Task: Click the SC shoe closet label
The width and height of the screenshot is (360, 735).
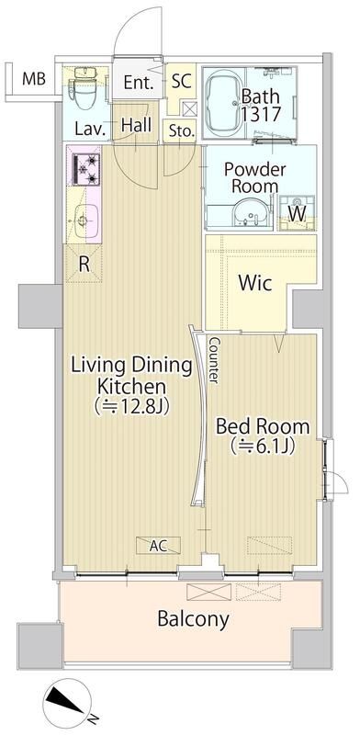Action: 181,81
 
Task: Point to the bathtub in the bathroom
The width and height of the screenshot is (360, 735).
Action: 226,102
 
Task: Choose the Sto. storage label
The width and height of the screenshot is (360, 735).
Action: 181,131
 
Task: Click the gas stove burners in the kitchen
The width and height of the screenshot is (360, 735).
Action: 88,169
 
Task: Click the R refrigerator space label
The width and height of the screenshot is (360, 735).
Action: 84,264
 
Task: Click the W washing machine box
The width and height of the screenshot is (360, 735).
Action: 297,211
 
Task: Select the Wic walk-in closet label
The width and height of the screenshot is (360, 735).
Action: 253,284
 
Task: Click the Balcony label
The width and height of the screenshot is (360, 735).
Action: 192,619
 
